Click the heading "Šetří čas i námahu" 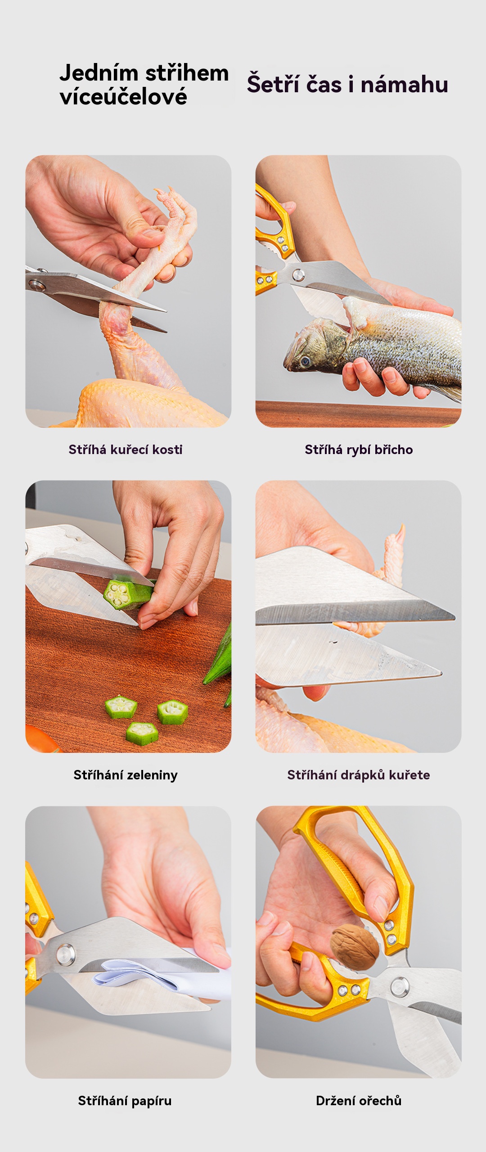(347, 84)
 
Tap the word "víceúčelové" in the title (123, 96)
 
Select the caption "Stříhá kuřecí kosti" (126, 450)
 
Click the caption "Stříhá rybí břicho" (359, 450)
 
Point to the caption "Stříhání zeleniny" (126, 775)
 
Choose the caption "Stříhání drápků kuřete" (359, 775)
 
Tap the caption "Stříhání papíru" (125, 1101)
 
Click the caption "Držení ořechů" (359, 1101)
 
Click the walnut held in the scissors (355, 947)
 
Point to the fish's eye (306, 361)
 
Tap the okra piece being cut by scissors (127, 594)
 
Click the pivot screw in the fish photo (298, 274)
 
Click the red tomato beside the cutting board (40, 739)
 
